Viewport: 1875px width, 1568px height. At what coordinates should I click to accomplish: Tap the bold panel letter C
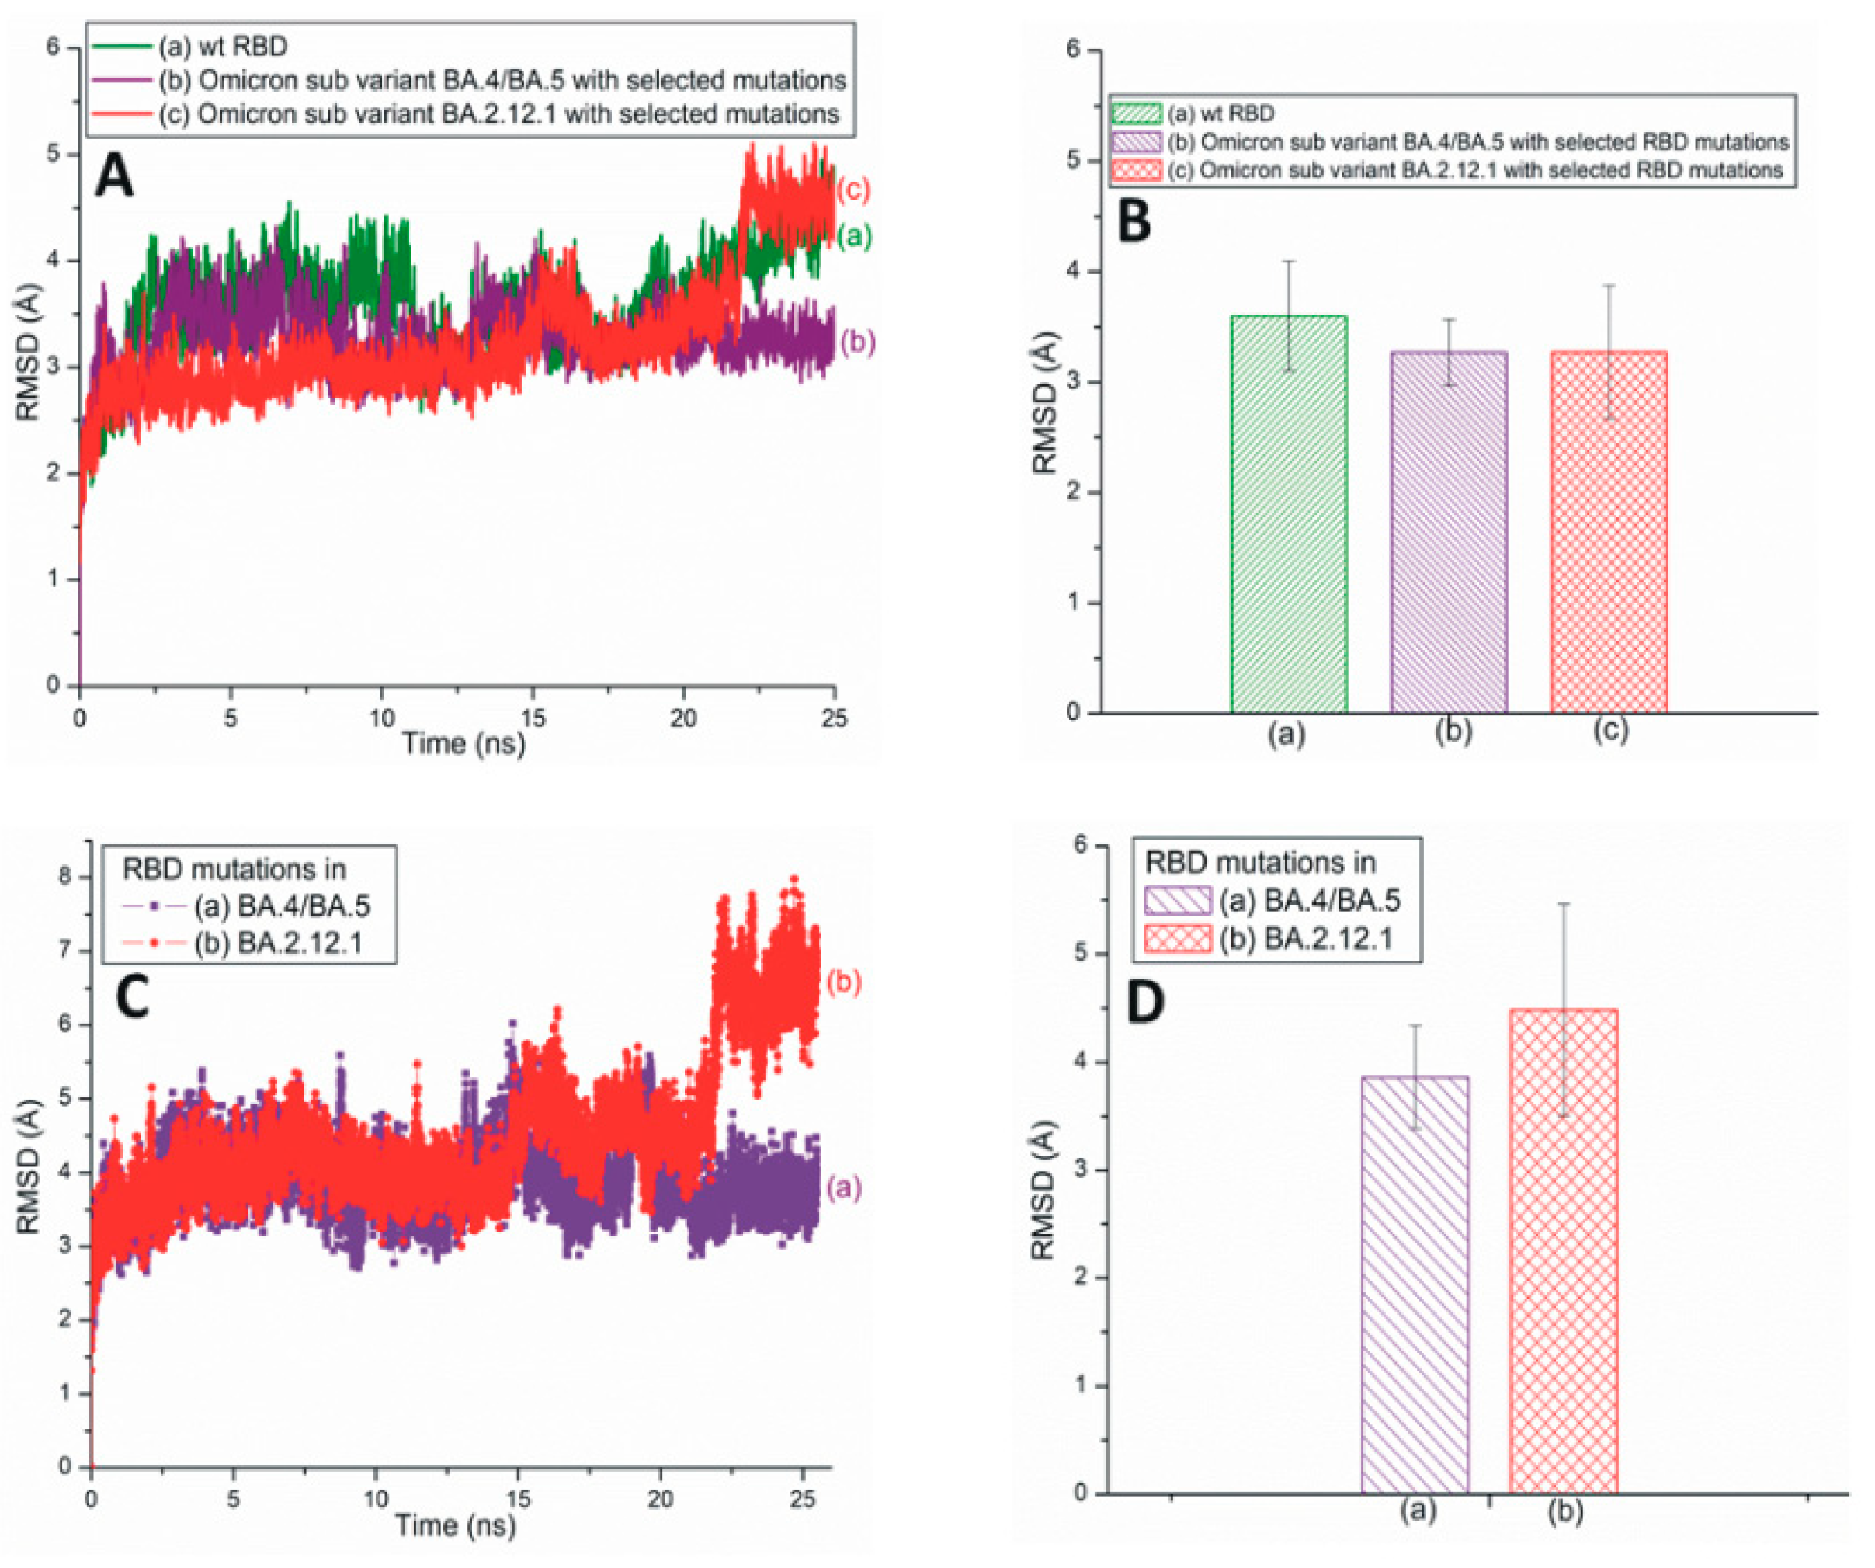click(x=132, y=997)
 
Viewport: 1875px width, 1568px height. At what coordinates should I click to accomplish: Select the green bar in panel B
click(x=1288, y=514)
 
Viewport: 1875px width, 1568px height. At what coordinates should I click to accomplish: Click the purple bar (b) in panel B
click(x=1448, y=532)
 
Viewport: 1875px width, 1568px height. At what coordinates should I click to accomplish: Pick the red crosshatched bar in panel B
click(x=1608, y=532)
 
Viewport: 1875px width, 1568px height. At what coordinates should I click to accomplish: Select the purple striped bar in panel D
click(x=1415, y=1286)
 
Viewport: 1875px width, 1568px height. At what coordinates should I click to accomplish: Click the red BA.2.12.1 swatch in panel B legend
click(x=1136, y=169)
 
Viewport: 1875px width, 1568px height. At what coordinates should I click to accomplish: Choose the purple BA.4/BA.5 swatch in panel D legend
click(x=1177, y=900)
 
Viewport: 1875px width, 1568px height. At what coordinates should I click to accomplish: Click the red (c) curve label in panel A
click(x=852, y=189)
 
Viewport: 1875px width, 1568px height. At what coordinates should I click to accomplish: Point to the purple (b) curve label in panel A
click(x=857, y=342)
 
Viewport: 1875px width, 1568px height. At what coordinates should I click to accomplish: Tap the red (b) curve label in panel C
click(x=843, y=982)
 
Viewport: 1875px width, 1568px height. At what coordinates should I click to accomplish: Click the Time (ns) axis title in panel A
click(x=464, y=743)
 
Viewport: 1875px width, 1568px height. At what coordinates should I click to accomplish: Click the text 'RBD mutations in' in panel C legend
click(x=234, y=869)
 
